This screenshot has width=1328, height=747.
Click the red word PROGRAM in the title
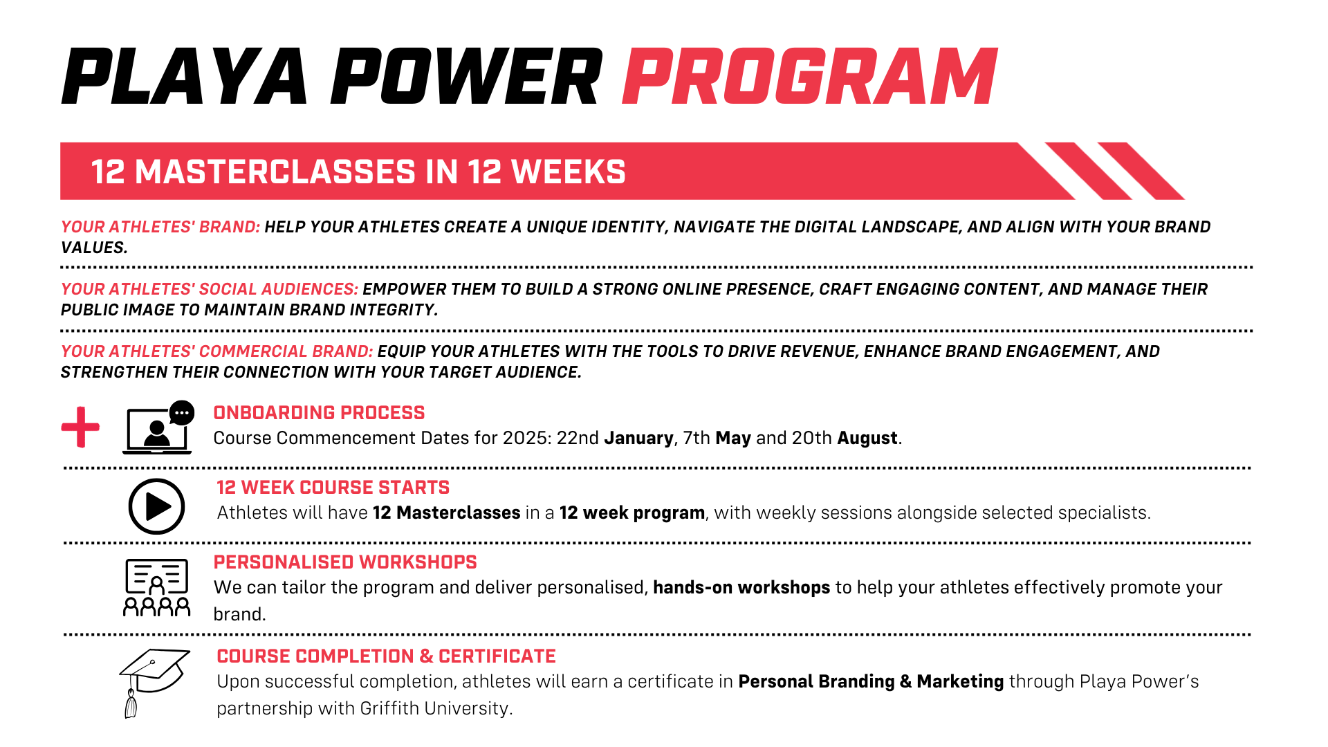809,76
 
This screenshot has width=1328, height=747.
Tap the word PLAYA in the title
184,76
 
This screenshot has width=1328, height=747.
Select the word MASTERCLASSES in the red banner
275,172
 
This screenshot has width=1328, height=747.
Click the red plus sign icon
80,427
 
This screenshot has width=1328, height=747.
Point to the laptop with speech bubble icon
158,427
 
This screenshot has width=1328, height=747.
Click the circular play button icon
156,506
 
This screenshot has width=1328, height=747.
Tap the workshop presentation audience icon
156,587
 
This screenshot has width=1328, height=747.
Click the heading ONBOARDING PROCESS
319,413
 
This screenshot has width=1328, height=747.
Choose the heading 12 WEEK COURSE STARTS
333,488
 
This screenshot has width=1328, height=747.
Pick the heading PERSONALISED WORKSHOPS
345,562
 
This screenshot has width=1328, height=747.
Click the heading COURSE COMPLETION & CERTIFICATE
386,656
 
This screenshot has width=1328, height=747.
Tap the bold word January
638,439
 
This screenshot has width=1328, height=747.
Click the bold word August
867,439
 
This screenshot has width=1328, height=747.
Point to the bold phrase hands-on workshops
741,588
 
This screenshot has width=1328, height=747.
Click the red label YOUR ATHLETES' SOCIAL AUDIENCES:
210,289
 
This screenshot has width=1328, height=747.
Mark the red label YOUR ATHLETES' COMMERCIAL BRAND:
217,351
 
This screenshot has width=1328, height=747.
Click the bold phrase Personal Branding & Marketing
871,682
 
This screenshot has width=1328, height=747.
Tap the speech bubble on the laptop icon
182,412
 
